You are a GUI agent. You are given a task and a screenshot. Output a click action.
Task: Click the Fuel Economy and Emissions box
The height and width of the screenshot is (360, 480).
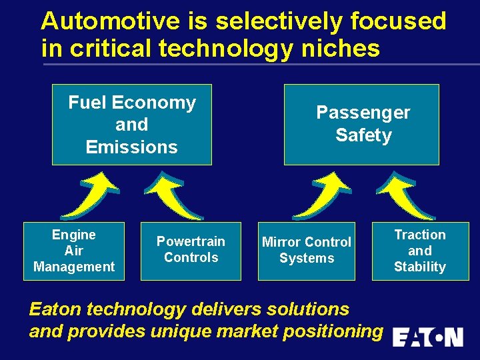131,125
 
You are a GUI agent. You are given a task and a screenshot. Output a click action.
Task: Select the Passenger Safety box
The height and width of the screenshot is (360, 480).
361,125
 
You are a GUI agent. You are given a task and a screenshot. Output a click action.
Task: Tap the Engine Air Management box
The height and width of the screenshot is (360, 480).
73,251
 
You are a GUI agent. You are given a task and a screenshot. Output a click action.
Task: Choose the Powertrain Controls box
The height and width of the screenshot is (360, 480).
191,250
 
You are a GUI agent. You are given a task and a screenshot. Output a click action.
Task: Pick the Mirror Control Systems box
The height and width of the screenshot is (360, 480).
306,250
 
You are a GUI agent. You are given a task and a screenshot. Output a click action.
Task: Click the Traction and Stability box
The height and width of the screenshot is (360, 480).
420,251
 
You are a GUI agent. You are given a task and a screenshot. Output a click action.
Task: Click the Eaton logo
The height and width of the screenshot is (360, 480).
427,337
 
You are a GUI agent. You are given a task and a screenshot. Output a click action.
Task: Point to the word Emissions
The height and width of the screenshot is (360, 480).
131,147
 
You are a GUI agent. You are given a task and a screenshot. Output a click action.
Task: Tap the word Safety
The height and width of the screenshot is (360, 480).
363,135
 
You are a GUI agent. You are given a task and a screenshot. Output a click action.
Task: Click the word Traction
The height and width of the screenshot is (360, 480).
420,235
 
